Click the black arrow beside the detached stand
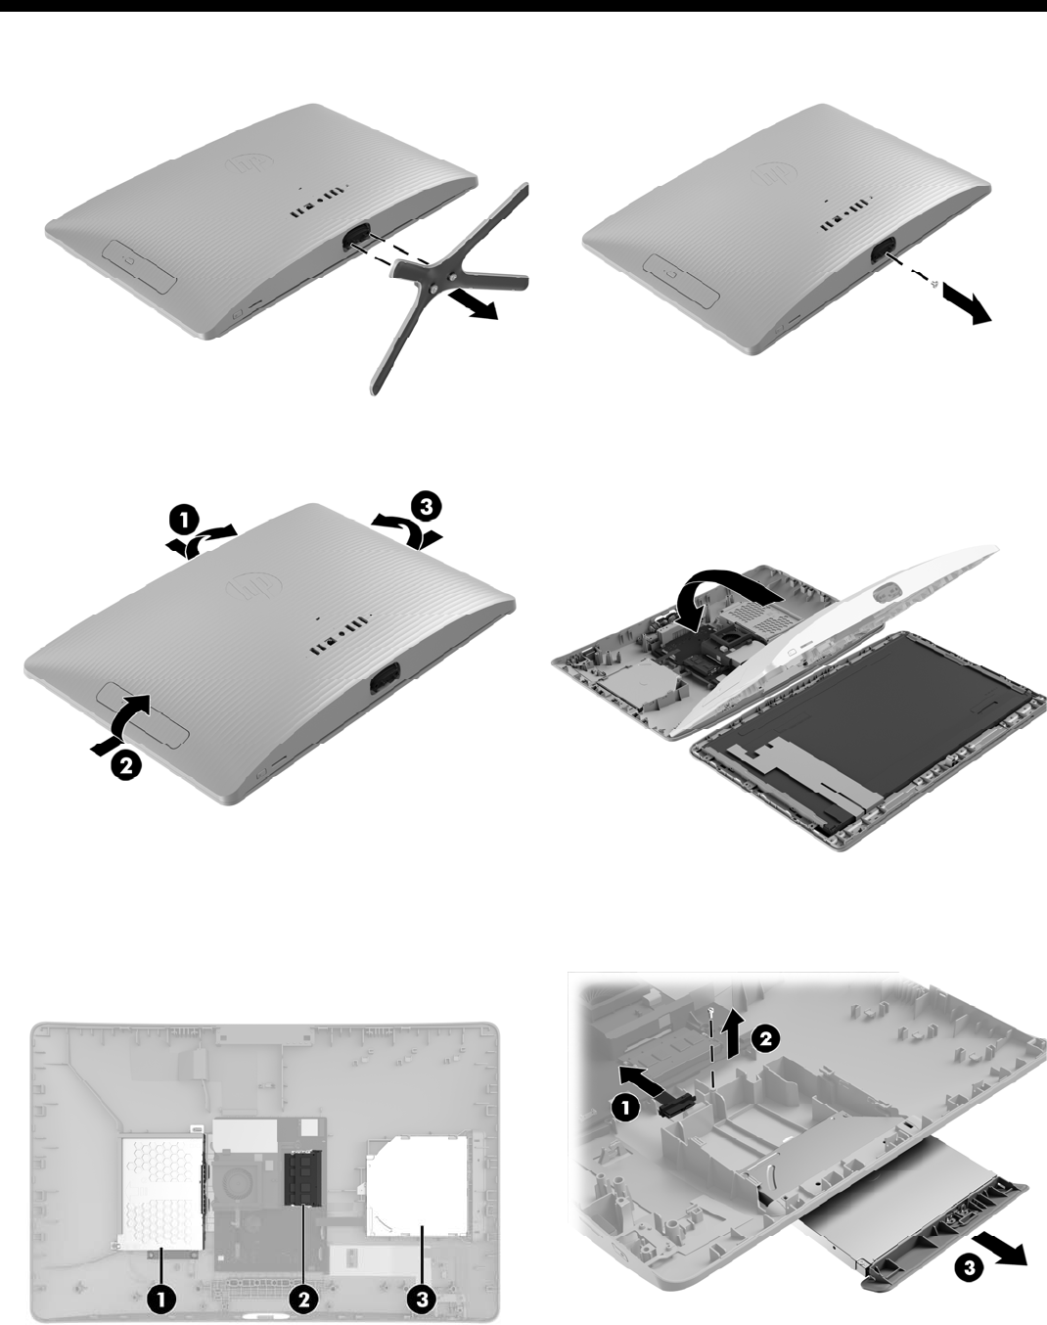[473, 304]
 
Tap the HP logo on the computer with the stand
[250, 163]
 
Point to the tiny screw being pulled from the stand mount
[934, 283]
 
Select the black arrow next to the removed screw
[967, 307]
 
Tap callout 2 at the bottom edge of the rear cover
[125, 766]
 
